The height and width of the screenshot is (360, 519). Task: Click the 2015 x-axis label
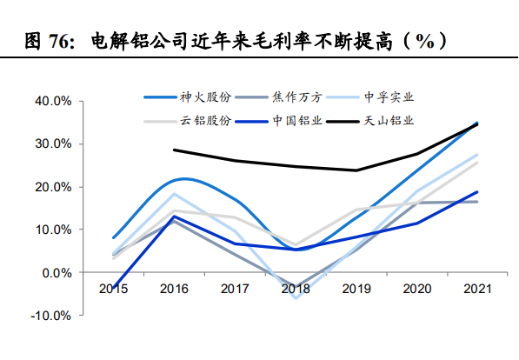(113, 288)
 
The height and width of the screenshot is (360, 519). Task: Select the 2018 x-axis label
(296, 288)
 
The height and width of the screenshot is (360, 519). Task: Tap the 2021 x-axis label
(477, 288)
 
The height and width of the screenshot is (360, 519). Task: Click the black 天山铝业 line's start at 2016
(174, 150)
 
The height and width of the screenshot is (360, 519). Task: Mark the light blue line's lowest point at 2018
(296, 298)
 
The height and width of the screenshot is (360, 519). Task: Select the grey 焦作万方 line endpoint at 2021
(477, 202)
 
